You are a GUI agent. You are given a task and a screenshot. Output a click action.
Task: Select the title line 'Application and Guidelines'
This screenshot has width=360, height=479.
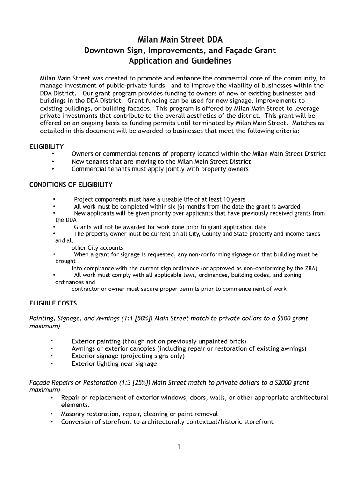click(180, 61)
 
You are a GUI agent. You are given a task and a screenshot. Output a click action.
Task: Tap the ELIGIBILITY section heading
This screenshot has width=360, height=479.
click(46, 146)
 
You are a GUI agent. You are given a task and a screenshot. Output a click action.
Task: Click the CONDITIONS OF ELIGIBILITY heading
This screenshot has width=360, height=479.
click(71, 185)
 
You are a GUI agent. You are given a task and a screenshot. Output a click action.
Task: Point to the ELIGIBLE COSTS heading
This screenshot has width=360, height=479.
click(53, 303)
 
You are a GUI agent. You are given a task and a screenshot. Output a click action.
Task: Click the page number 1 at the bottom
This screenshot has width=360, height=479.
click(179, 447)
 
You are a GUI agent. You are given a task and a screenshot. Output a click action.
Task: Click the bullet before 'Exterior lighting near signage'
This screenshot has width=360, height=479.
click(52, 363)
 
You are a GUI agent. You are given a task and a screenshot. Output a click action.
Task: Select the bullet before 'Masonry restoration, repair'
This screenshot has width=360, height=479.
click(50, 414)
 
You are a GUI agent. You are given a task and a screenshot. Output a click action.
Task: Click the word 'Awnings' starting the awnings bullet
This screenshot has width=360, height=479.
click(83, 348)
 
